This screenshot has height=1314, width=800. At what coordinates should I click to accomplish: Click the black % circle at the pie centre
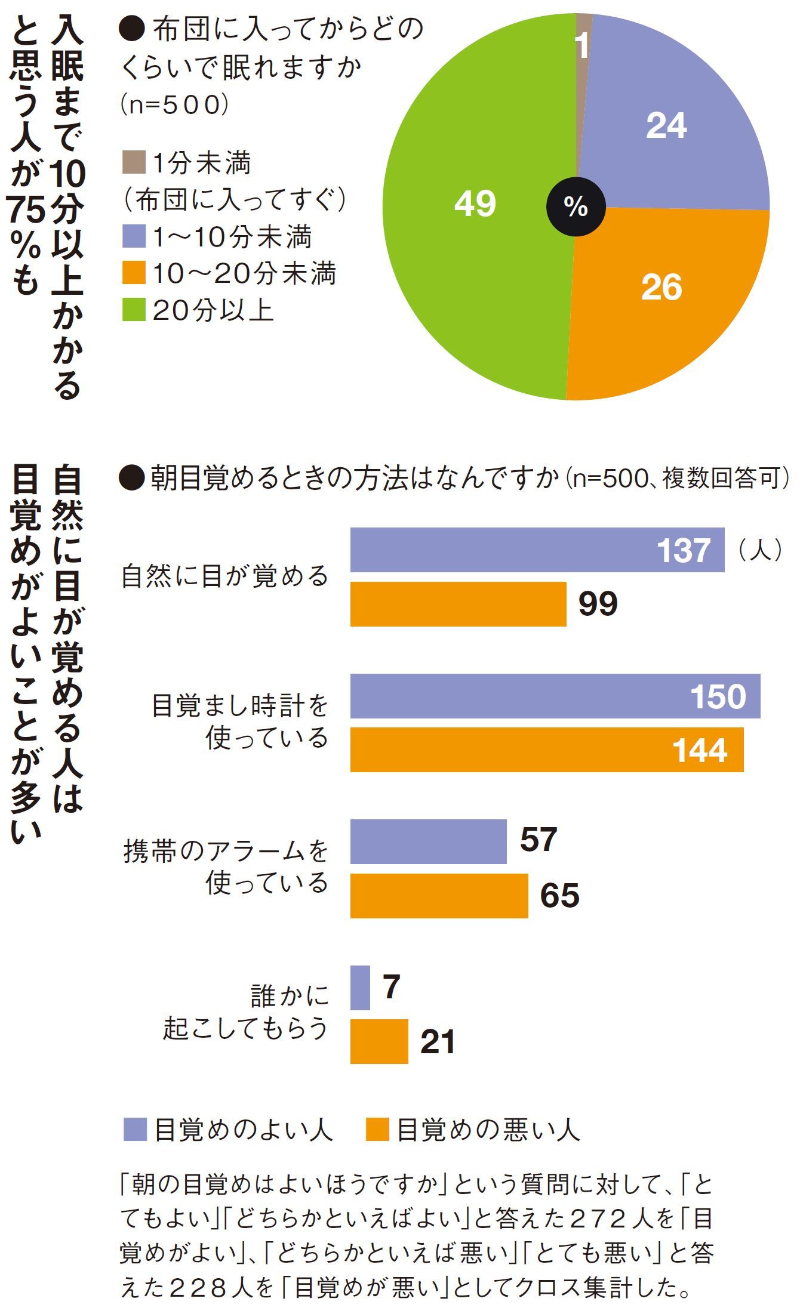(576, 206)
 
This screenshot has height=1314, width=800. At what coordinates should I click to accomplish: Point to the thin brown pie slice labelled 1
(583, 48)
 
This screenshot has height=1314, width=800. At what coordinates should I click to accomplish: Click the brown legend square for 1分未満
(134, 162)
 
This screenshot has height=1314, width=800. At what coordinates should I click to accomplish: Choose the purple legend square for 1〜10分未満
(134, 236)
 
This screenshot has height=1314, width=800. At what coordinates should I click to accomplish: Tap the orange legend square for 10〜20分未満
(134, 273)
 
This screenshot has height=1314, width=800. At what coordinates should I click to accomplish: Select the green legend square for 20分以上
(134, 310)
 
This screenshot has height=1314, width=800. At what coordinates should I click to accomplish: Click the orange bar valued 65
(439, 896)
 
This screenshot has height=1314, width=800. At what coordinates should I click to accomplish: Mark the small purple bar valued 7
(360, 988)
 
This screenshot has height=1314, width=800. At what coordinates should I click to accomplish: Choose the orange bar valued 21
(379, 1041)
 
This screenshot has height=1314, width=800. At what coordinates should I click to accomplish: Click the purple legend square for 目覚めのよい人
(135, 1130)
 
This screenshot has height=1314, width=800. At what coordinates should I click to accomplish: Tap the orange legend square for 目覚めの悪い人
(377, 1130)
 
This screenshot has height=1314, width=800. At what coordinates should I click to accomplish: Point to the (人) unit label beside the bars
(760, 550)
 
